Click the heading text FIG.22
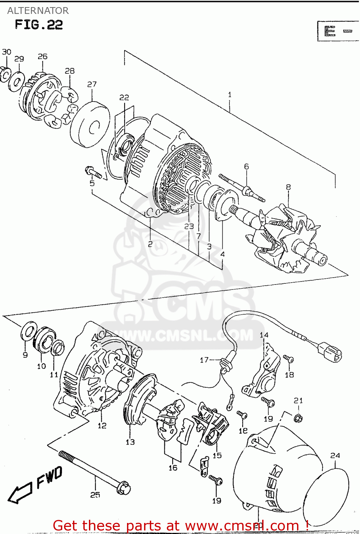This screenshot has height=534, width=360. tap(39, 25)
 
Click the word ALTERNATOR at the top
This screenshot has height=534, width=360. tap(38, 11)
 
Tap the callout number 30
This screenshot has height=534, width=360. tap(6, 52)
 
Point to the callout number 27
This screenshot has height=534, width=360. tap(92, 84)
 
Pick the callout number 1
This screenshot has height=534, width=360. tap(229, 95)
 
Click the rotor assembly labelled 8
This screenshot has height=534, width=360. tap(285, 239)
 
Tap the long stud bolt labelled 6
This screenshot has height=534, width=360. tap(242, 187)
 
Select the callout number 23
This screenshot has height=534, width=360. tap(189, 226)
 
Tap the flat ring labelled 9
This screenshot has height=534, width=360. tap(29, 331)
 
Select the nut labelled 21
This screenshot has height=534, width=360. tap(298, 417)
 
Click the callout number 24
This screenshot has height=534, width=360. tap(335, 455)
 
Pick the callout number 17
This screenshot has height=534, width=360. tap(204, 360)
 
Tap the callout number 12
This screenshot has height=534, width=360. tap(102, 425)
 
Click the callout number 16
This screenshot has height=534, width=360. tap(173, 467)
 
